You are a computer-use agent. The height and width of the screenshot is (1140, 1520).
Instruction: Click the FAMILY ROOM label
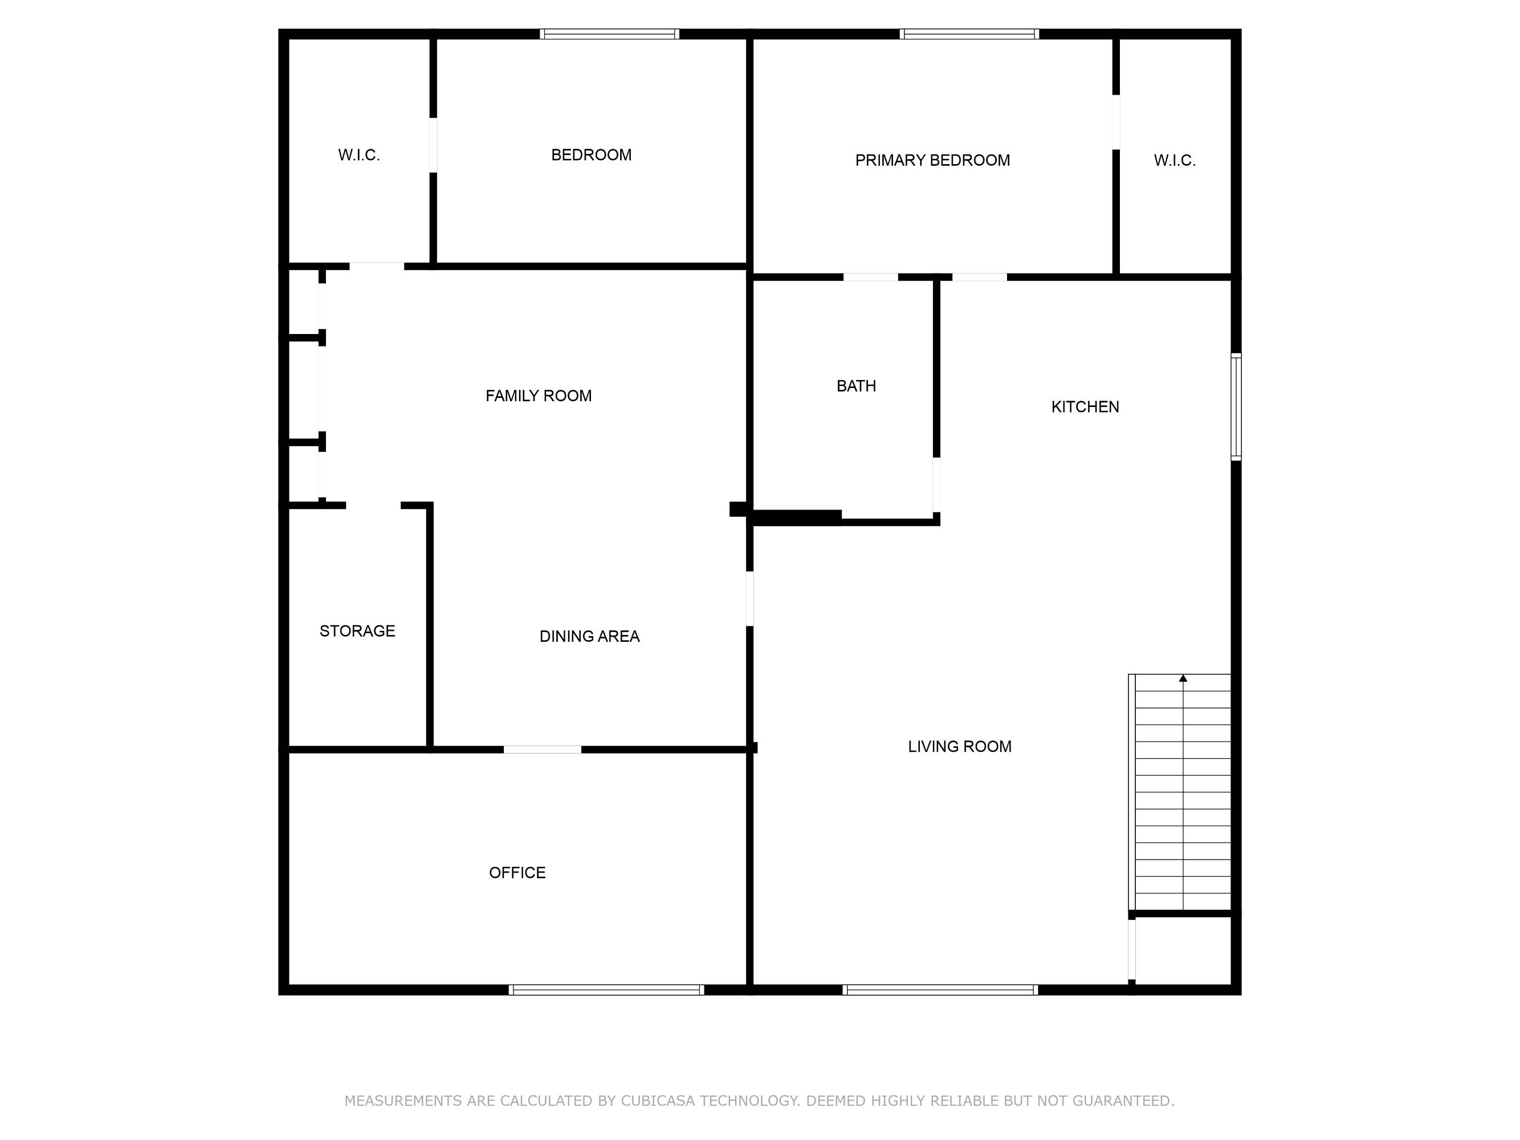coord(538,396)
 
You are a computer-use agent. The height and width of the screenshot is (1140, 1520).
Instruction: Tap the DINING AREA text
coord(589,636)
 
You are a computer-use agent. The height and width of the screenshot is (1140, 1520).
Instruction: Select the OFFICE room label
coord(517,873)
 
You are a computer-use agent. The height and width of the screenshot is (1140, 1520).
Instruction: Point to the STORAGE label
coord(357,631)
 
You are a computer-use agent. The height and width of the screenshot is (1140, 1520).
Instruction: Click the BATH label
coord(856,386)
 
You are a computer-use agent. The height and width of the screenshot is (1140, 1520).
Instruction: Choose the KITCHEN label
coord(1085,407)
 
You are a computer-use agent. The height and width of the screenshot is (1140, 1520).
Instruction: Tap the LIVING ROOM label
coord(959,746)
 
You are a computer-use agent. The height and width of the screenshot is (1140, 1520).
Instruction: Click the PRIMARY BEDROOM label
coord(932,160)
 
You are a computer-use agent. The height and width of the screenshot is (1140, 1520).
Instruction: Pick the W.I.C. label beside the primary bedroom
coord(1175,160)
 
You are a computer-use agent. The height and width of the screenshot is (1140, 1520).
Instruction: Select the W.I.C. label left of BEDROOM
coord(358,154)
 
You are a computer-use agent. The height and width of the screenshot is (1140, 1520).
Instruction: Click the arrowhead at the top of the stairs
coord(1183,678)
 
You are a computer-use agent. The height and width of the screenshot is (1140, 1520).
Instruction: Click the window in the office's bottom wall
coord(606,990)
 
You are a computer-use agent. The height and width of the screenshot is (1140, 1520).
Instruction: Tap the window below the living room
coord(940,990)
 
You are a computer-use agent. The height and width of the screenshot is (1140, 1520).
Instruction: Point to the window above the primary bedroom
coord(969,34)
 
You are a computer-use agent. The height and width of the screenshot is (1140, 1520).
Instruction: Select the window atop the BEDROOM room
coord(609,34)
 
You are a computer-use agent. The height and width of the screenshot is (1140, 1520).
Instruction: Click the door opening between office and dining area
coord(542,749)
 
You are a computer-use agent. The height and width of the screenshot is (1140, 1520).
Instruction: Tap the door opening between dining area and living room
coord(749,598)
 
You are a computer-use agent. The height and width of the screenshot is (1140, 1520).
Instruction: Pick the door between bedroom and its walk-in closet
coord(433,145)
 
